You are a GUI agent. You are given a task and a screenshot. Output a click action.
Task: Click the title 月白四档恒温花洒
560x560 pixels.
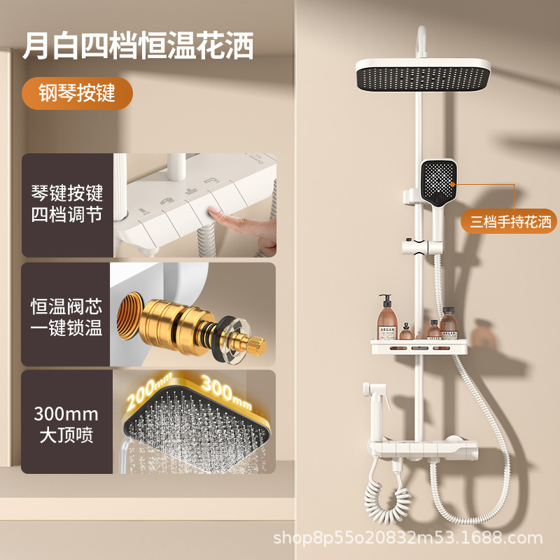[x=137, y=45]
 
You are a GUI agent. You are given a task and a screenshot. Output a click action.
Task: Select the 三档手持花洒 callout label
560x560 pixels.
[x=510, y=223]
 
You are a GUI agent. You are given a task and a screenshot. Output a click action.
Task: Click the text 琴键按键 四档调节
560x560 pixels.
[x=66, y=204]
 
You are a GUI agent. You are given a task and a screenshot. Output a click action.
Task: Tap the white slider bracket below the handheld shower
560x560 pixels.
[x=417, y=246]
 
